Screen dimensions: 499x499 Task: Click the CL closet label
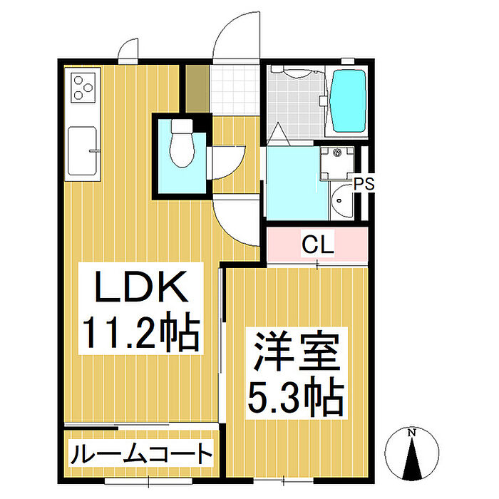(x=318, y=247)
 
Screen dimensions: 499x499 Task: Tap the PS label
(x=364, y=184)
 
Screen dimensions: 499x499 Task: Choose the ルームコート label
(x=141, y=453)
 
